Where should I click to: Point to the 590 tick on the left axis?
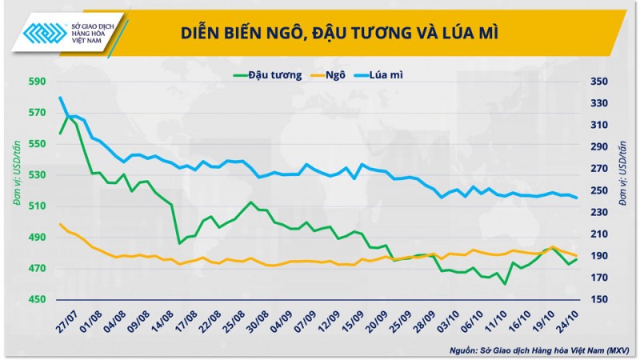[37, 82]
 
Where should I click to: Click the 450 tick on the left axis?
[37, 300]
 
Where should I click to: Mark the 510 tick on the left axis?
[37, 206]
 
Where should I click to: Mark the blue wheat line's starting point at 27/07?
[60, 98]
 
